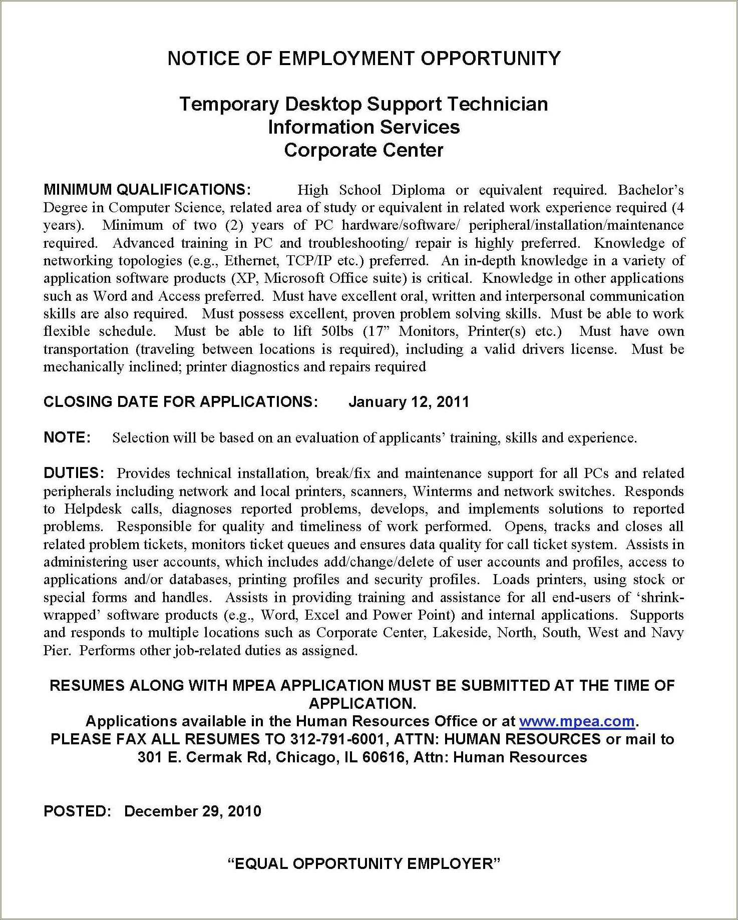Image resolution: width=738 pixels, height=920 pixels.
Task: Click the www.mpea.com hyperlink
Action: pyautogui.click(x=577, y=721)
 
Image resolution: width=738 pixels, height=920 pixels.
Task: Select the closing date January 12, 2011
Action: pyautogui.click(x=409, y=402)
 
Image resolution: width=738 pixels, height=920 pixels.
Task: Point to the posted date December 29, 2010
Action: pyautogui.click(x=193, y=811)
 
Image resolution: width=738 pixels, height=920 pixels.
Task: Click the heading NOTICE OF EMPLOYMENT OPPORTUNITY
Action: pyautogui.click(x=364, y=59)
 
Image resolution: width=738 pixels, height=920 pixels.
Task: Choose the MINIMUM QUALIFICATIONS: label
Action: pyautogui.click(x=147, y=190)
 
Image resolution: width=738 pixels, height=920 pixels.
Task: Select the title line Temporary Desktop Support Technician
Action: pyautogui.click(x=364, y=104)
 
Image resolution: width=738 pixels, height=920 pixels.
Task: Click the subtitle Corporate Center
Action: pyautogui.click(x=364, y=150)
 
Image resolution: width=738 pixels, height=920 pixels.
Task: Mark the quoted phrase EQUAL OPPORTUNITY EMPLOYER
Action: pyautogui.click(x=364, y=863)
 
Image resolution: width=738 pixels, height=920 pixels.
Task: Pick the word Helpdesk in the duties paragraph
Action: pyautogui.click(x=93, y=509)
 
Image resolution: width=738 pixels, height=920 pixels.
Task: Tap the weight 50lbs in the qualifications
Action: pyautogui.click(x=338, y=331)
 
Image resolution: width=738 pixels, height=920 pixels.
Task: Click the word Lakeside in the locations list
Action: pyautogui.click(x=460, y=633)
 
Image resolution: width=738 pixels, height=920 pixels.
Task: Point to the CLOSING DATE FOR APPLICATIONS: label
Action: pyautogui.click(x=181, y=402)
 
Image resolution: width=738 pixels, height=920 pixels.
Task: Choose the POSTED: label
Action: pyautogui.click(x=77, y=811)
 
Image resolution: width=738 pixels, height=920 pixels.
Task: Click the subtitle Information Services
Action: pyautogui.click(x=364, y=127)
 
